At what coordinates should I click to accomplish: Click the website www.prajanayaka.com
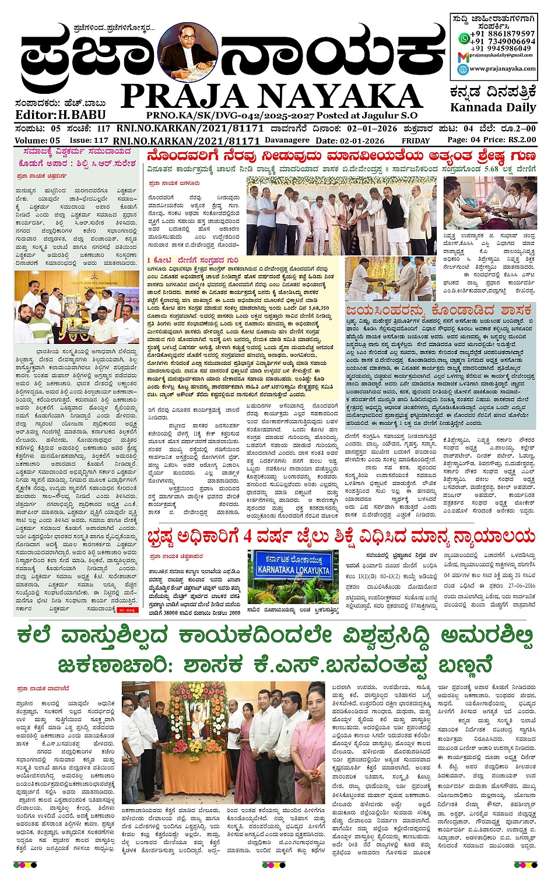click(x=503, y=69)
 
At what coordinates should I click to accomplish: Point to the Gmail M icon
click(x=463, y=56)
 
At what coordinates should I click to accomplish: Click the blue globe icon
click(x=463, y=69)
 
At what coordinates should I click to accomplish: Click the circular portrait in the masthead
click(x=188, y=52)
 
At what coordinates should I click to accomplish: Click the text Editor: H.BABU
click(x=61, y=115)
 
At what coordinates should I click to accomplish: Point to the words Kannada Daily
click(x=493, y=107)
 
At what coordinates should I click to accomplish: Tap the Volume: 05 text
click(x=37, y=140)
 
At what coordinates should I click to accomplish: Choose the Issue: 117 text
click(x=89, y=140)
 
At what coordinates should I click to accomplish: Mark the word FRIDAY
click(x=415, y=140)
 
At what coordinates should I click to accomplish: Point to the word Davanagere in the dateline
click(x=287, y=140)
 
